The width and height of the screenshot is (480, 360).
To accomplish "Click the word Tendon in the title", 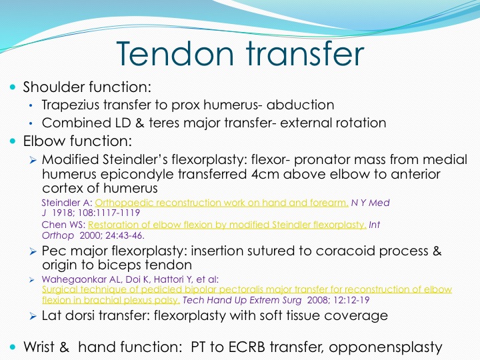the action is click(175, 53).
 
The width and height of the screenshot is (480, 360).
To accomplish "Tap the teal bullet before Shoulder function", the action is click(13, 87).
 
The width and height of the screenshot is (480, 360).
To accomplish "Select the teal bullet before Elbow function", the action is click(13, 141).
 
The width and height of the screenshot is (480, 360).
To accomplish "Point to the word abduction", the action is click(300, 105).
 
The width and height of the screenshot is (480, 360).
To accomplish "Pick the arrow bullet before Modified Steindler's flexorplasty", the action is click(33, 160).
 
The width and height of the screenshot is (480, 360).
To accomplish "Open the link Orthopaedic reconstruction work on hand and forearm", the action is click(221, 203).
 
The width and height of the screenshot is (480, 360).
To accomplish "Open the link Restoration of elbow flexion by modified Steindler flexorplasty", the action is click(227, 225).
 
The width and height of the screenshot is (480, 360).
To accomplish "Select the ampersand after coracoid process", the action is click(437, 251).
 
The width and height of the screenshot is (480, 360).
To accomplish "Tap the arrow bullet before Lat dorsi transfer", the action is click(33, 316).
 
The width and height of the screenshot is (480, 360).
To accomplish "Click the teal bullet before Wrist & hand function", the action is click(13, 347).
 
